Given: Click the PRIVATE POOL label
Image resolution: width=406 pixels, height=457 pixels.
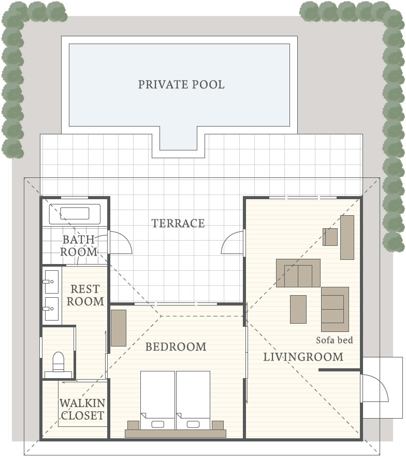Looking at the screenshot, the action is [181, 85].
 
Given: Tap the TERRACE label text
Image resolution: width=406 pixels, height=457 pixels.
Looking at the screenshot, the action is [178, 223].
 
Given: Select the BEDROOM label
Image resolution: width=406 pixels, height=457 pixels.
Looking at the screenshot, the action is [176, 347].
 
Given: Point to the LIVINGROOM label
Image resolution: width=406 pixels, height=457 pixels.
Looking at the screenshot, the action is [303, 357].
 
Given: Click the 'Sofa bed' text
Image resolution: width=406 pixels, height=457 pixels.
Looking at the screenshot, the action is [335, 340].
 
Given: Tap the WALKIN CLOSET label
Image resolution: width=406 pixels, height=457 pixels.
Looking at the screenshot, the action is [82, 409].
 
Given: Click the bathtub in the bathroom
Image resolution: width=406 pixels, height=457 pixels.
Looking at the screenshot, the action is [75, 214].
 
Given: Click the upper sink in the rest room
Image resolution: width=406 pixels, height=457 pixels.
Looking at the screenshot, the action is [51, 282].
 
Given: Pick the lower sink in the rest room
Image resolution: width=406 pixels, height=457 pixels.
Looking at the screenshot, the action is [51, 308].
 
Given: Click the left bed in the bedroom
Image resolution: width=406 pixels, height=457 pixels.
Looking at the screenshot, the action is [157, 400].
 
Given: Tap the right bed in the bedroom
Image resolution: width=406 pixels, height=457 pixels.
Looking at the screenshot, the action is [193, 400].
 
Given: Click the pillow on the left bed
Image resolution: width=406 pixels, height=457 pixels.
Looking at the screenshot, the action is [158, 424].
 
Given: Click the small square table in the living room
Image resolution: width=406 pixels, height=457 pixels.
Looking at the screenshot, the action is [330, 237].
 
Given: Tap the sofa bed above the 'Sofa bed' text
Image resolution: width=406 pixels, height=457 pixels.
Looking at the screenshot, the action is [335, 309].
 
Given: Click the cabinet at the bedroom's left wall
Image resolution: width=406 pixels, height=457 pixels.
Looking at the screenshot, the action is [119, 328].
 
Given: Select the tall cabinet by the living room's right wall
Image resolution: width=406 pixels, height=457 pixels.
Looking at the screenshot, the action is [347, 237].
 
